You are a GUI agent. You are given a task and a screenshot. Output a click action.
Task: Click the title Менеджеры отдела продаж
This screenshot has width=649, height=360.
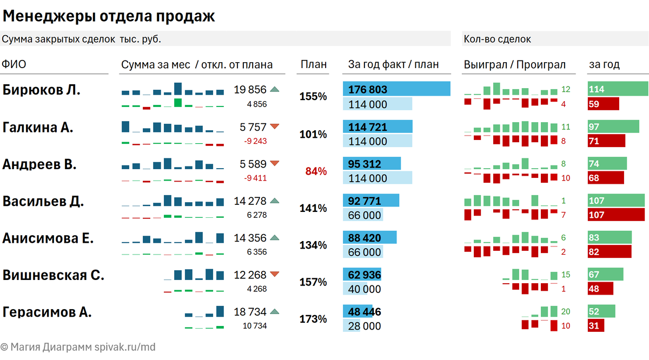point(109,17)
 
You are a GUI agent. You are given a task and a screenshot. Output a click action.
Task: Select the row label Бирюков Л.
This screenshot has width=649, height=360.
point(42,90)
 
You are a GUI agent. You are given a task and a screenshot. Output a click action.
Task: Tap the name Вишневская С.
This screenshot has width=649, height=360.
point(54,275)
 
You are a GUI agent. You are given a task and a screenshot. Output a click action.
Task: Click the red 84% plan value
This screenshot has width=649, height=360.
point(316,171)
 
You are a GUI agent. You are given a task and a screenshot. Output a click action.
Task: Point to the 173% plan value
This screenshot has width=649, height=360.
point(313,319)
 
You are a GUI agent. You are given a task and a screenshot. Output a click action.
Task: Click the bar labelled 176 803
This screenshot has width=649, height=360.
point(396,89)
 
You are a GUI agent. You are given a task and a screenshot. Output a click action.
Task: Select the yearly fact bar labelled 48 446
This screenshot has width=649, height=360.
point(357,311)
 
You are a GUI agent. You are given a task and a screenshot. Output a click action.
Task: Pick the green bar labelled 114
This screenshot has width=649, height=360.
point(618,89)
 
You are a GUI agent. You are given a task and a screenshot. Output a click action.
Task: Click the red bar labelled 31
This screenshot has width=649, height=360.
point(595,325)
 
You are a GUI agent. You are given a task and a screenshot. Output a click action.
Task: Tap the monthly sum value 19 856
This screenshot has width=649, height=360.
point(250,90)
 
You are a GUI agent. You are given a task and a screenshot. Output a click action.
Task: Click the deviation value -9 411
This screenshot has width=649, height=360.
point(255,178)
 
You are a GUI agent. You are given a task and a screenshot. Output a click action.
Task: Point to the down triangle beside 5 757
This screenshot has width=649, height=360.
point(275,126)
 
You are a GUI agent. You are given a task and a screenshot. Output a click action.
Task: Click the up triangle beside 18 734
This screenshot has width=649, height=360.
point(275,311)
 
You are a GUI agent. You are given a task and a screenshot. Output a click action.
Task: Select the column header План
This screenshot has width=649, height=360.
point(314,64)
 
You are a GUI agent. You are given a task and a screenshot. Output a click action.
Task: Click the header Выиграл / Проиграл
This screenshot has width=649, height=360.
point(514,64)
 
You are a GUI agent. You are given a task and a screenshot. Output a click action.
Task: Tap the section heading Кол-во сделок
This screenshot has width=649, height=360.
point(497,39)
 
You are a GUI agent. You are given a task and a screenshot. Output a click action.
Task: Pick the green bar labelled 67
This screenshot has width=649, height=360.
point(605,275)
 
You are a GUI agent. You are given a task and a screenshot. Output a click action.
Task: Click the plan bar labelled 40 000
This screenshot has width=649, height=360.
point(355,289)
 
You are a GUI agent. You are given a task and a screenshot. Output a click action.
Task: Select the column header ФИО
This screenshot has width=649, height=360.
point(14,64)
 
